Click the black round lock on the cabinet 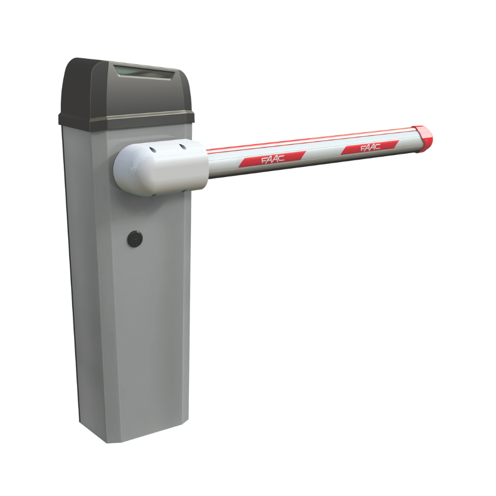pos(135,239)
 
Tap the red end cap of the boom pos(423,139)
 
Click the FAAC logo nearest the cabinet pos(273,159)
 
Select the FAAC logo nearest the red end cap pos(371,147)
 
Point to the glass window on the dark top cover pos(144,72)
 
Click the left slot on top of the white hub pos(153,150)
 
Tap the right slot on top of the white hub pos(183,146)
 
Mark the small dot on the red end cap pos(426,141)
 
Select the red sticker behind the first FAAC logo pos(272,159)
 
